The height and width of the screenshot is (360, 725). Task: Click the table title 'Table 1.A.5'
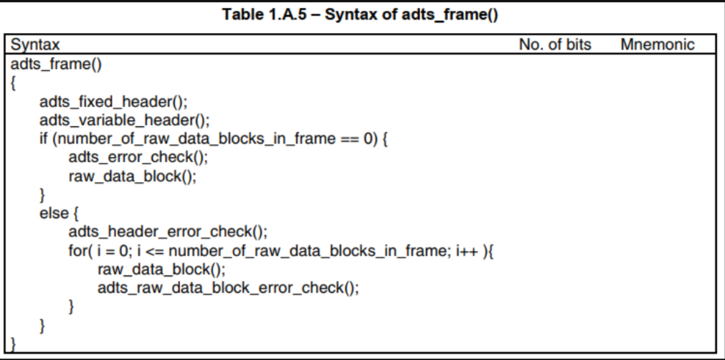pyautogui.click(x=264, y=14)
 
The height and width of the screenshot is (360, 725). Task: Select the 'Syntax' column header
pyautogui.click(x=35, y=45)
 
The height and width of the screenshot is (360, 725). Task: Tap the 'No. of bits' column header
pyautogui.click(x=555, y=44)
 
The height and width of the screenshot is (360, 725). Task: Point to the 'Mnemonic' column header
pyautogui.click(x=657, y=44)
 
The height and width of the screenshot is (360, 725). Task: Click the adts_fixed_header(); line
pyautogui.click(x=114, y=101)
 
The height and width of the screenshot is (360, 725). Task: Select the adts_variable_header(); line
pyautogui.click(x=124, y=120)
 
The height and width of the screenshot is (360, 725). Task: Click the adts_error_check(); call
pyautogui.click(x=138, y=157)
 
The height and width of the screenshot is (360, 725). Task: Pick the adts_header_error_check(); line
pyautogui.click(x=168, y=231)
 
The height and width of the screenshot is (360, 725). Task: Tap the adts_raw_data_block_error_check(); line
pyautogui.click(x=228, y=288)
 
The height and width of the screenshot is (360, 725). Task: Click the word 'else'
pyautogui.click(x=54, y=213)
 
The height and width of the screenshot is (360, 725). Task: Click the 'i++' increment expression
pyautogui.click(x=468, y=250)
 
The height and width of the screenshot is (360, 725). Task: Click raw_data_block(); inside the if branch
pyautogui.click(x=132, y=176)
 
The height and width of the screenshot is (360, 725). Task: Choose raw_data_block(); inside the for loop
pyautogui.click(x=161, y=269)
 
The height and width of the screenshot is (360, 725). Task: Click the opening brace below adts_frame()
pyautogui.click(x=13, y=83)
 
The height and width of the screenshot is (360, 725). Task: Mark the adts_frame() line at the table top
pyautogui.click(x=56, y=65)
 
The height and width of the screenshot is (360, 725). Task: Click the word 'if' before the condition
pyautogui.click(x=44, y=138)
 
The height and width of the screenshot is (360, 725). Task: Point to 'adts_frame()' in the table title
pyautogui.click(x=450, y=15)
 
